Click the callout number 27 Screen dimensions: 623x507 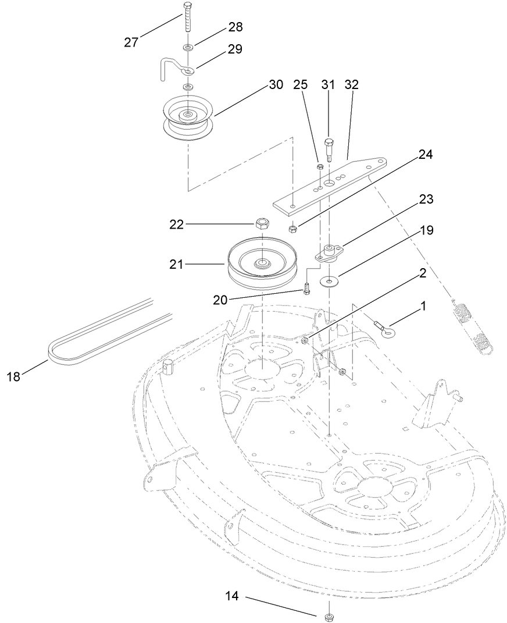click(x=132, y=42)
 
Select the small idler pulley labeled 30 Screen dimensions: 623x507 click(x=188, y=119)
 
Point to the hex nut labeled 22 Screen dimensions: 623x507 click(x=262, y=222)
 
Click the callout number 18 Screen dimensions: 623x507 click(x=13, y=376)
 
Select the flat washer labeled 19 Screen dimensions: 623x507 click(x=330, y=283)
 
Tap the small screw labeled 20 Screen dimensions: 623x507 click(x=306, y=288)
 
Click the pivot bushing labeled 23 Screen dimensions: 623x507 click(x=330, y=252)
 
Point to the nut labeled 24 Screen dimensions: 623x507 click(x=294, y=228)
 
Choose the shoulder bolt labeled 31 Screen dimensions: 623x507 click(x=329, y=149)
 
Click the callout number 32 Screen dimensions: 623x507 click(x=352, y=84)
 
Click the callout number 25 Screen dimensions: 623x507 click(x=300, y=84)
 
